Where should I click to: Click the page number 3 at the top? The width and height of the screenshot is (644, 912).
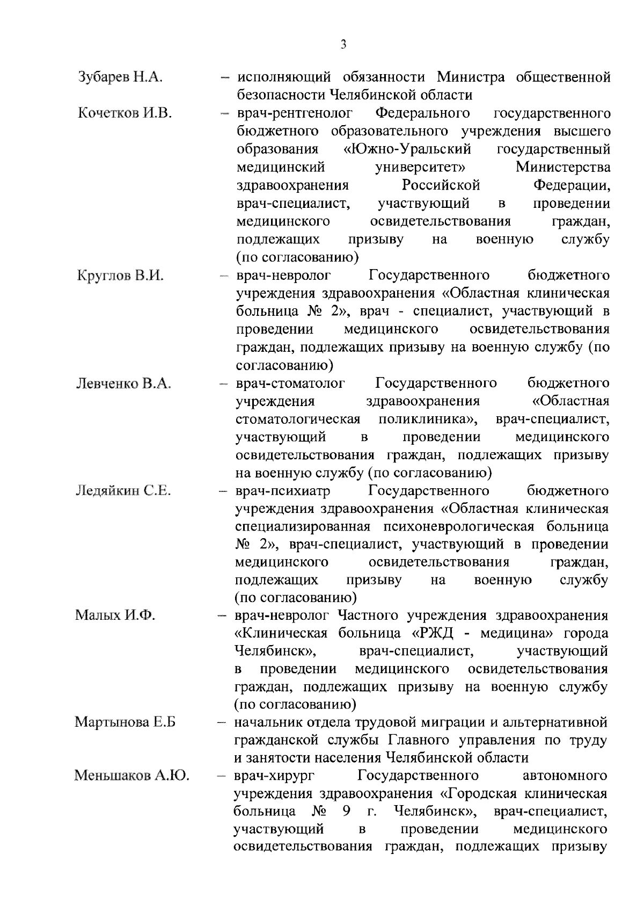point(343,45)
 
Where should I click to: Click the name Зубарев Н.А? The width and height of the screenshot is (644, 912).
point(120,77)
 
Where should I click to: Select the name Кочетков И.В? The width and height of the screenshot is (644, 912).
point(125,113)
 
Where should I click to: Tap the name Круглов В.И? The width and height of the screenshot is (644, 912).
point(121,276)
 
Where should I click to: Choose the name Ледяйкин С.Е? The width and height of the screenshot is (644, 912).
point(123,491)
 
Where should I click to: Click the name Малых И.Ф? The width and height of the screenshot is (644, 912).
point(115,615)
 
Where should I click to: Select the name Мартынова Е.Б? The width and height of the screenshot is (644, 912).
point(126,722)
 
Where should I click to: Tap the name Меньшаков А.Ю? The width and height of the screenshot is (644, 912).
point(132,776)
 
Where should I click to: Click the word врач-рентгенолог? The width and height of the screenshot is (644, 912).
point(295,113)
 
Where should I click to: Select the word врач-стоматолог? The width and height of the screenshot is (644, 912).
point(290,383)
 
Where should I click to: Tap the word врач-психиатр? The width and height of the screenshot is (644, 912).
point(283,491)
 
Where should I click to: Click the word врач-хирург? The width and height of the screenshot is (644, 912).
point(274,776)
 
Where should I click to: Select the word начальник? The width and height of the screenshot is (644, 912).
point(269,722)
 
